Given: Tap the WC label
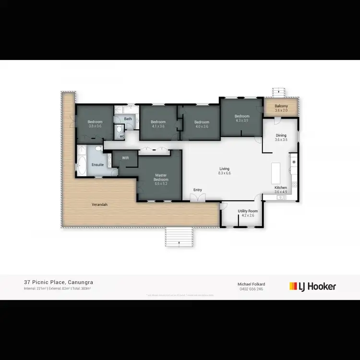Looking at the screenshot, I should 122,136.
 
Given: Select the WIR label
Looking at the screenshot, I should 126,157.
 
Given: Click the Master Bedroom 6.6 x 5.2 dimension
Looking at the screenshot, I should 160,183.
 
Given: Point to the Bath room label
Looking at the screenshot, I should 128,119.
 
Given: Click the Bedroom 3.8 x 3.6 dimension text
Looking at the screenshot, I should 95,126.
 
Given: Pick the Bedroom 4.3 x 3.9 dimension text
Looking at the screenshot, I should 242,121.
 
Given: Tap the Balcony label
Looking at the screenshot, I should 281,106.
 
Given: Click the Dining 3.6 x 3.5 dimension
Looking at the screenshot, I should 281,140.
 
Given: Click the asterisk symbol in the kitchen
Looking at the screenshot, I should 294,163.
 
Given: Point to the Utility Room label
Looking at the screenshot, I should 248,211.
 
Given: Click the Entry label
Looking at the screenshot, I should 198,190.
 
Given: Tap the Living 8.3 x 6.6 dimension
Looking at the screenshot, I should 225,173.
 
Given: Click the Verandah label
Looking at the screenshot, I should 99,205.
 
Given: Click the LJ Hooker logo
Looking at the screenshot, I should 312,287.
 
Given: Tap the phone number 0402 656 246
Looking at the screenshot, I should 252,289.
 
